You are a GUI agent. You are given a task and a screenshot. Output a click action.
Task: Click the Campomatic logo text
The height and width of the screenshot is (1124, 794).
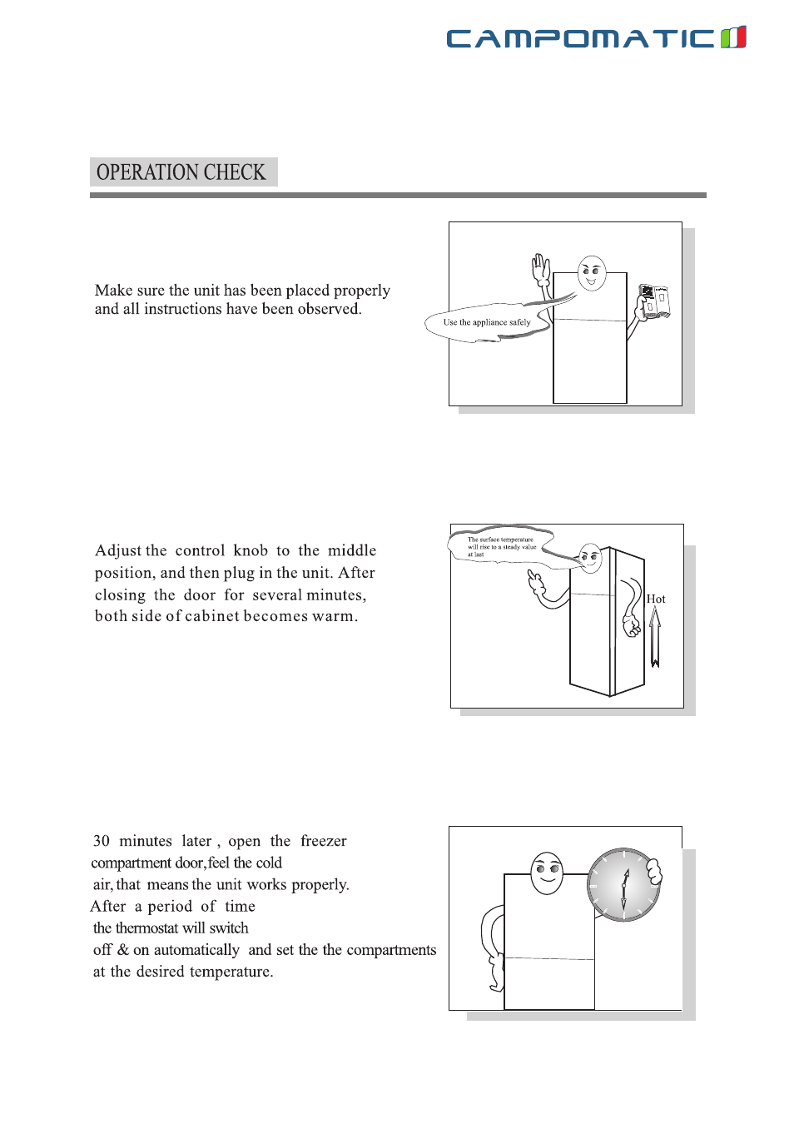(580, 38)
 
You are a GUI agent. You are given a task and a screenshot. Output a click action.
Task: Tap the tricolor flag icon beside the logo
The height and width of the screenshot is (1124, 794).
(733, 37)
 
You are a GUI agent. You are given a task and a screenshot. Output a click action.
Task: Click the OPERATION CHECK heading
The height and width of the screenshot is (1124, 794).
(181, 172)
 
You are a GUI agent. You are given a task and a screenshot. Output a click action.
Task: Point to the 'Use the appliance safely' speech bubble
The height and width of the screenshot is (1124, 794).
(487, 323)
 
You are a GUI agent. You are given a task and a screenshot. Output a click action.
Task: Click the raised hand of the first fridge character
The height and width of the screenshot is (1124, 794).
(542, 269)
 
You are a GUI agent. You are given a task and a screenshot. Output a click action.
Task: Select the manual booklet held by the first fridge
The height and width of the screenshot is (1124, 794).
(654, 301)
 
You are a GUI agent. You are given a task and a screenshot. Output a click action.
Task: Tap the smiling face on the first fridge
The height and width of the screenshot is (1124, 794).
(592, 272)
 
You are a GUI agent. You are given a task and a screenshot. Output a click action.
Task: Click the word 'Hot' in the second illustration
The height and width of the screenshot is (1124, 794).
(656, 599)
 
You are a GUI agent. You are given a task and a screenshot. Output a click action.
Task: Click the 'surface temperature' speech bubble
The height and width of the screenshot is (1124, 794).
(500, 546)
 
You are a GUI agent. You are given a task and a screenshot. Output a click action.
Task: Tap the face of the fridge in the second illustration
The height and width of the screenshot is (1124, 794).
(591, 557)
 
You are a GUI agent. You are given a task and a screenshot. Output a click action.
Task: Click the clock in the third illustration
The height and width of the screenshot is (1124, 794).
(623, 884)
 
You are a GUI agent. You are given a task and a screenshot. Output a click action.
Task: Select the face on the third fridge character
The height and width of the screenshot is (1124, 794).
(547, 873)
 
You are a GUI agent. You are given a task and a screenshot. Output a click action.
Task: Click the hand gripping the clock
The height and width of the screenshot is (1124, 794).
(655, 872)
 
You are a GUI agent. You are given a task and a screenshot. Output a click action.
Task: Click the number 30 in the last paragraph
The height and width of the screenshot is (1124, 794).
(102, 841)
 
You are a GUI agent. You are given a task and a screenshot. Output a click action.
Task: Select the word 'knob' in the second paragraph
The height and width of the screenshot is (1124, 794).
(251, 550)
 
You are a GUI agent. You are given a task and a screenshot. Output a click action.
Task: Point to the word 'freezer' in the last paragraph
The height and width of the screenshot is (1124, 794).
(324, 841)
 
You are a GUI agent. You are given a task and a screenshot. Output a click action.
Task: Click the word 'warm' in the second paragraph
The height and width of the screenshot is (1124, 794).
(333, 616)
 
